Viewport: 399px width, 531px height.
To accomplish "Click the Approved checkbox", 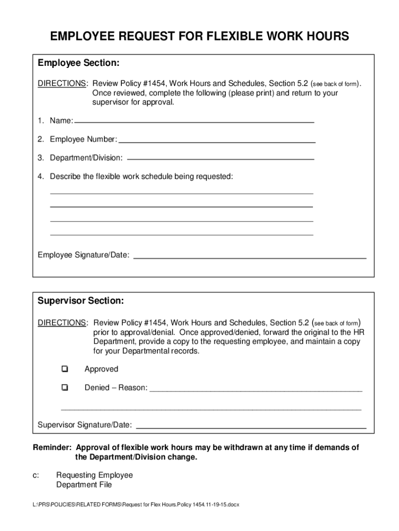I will tap(64, 369).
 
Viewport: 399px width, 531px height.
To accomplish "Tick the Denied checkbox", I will tap(64, 387).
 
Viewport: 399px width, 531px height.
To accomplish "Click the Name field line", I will tap(194, 121).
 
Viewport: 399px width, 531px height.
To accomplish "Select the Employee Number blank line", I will tap(217, 140).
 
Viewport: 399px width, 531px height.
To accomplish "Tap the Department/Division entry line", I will tap(221, 158).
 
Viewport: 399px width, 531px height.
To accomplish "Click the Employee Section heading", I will tap(79, 63).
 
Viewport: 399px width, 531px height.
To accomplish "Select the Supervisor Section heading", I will tap(81, 301).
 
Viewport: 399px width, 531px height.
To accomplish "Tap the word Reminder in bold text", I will tap(52, 448).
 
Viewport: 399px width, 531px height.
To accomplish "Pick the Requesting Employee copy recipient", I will tap(94, 475).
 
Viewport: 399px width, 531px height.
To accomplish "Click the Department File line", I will tap(83, 485).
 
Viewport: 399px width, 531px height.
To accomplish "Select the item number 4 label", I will tap(40, 176).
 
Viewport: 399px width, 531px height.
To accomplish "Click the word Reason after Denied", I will tap(133, 388).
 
